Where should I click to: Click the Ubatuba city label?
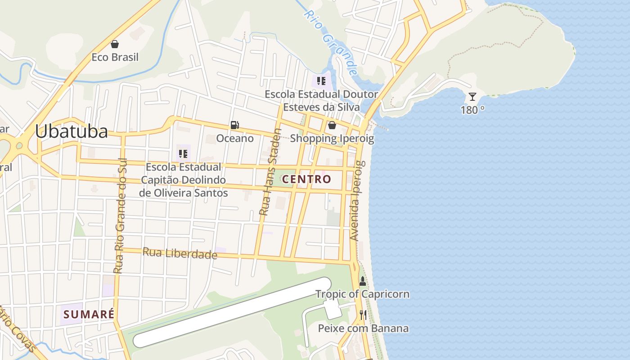pyautogui.click(x=72, y=131)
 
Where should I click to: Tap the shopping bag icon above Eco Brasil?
pyautogui.click(x=115, y=44)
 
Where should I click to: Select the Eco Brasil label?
pyautogui.click(x=115, y=57)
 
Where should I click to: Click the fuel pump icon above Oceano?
pyautogui.click(x=234, y=125)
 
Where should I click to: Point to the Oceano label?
pyautogui.click(x=235, y=138)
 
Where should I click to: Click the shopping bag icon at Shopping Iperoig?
pyautogui.click(x=332, y=125)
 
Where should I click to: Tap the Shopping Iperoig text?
pyautogui.click(x=332, y=138)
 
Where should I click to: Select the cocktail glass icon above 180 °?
pyautogui.click(x=472, y=97)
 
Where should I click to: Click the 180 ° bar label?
pyautogui.click(x=472, y=110)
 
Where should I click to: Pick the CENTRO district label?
pyautogui.click(x=306, y=179)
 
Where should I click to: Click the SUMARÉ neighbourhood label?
pyautogui.click(x=89, y=314)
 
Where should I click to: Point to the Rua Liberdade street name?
pyautogui.click(x=180, y=253)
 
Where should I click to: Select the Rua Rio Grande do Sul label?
pyautogui.click(x=120, y=216)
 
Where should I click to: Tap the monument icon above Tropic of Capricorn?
pyautogui.click(x=363, y=281)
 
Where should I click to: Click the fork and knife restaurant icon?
pyautogui.click(x=363, y=315)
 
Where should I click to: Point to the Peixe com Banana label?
pyautogui.click(x=363, y=328)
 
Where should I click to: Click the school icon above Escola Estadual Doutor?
pyautogui.click(x=321, y=81)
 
